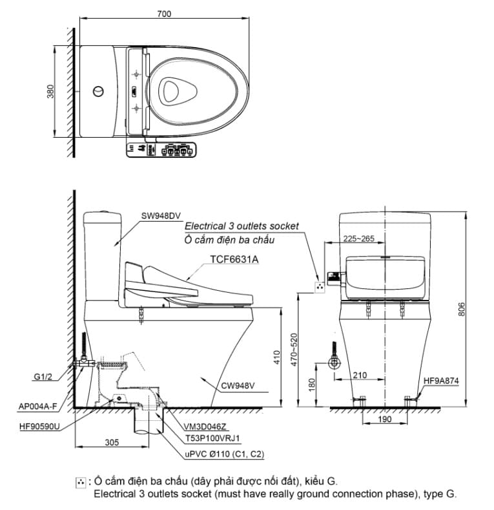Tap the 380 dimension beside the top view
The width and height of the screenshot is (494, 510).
(x=50, y=91)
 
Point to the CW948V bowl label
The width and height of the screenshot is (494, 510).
(x=238, y=387)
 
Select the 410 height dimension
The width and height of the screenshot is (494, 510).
(x=277, y=357)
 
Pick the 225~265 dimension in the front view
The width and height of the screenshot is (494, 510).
(x=358, y=238)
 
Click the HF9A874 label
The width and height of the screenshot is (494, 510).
(x=442, y=381)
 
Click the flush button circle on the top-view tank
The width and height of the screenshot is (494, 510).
(x=98, y=91)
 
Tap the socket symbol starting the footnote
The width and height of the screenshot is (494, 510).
(x=81, y=482)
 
